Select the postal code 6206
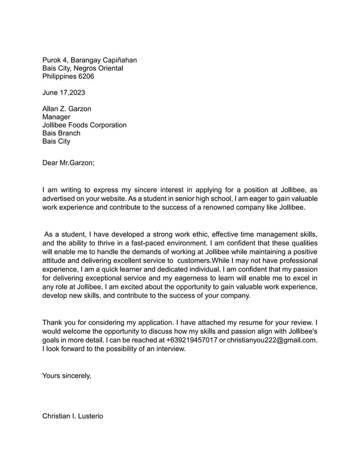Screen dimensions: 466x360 coord(86,76)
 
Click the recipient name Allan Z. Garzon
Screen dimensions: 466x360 coord(67,109)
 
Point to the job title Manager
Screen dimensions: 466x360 coord(56,117)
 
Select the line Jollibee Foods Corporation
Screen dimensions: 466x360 coord(84,125)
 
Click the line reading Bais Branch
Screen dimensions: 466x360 coord(62,133)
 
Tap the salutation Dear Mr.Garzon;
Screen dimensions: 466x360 coord(68,163)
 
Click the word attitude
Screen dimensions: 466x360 coord(58,261)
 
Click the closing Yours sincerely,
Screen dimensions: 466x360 coord(67,375)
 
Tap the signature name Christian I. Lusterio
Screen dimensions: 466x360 coord(73,416)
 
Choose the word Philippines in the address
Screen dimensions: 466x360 coord(59,76)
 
